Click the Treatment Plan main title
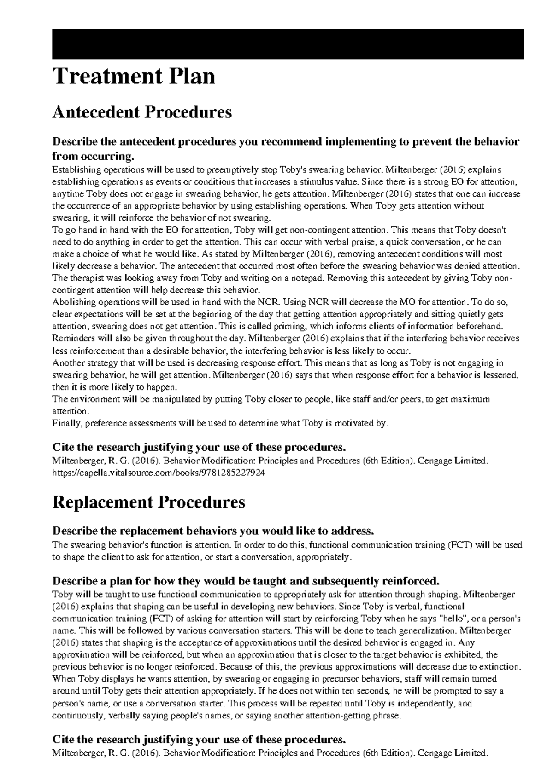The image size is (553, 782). tap(134, 76)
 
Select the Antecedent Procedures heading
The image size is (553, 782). tap(142, 112)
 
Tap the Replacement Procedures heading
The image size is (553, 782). tap(148, 502)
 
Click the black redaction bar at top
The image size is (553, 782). tap(288, 44)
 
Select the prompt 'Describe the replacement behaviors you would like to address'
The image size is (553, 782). tap(213, 531)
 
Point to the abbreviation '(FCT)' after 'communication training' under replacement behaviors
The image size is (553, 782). tap(460, 545)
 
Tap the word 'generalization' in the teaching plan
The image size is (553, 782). tap(428, 630)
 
